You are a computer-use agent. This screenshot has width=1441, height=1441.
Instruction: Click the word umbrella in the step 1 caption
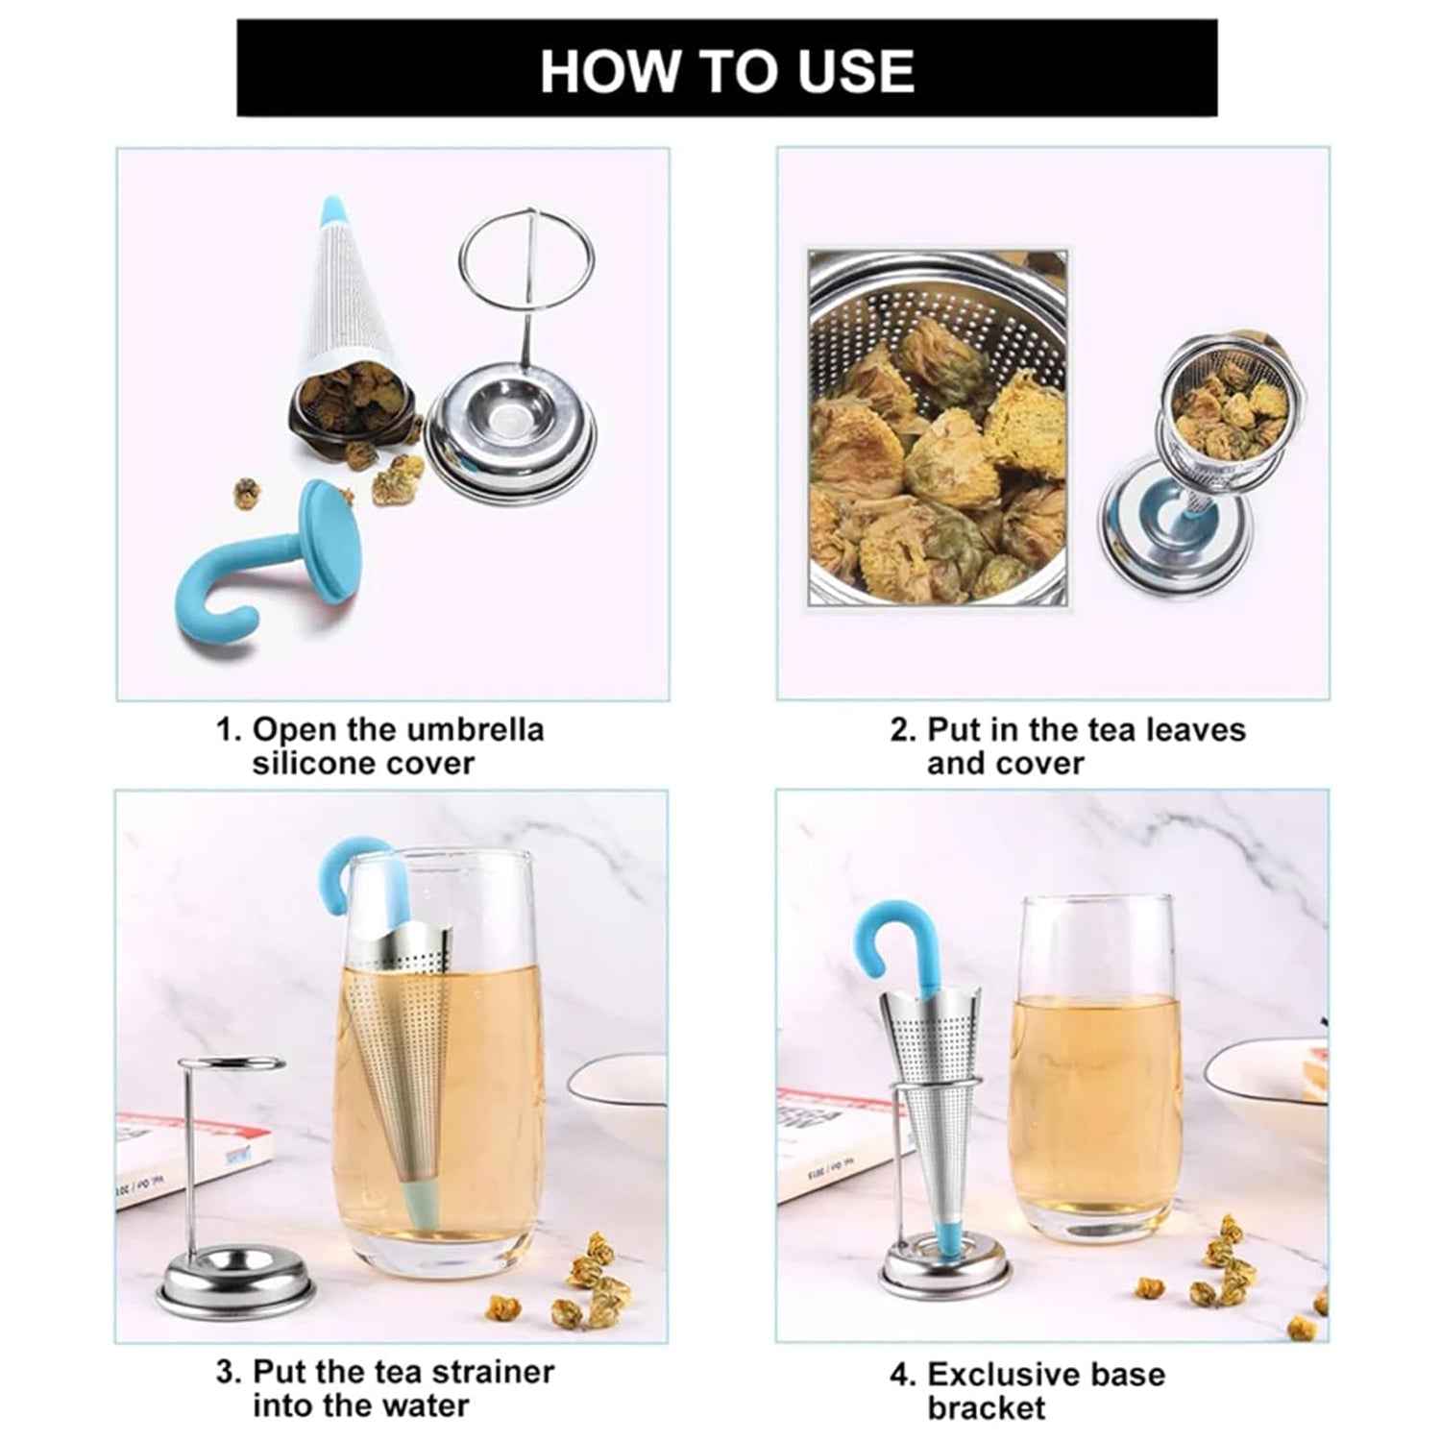pyautogui.click(x=475, y=729)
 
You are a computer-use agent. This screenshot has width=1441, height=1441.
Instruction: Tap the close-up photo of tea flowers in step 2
pyautogui.click(x=937, y=427)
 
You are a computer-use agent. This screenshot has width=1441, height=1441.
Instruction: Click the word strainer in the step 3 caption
pyautogui.click(x=491, y=1371)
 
